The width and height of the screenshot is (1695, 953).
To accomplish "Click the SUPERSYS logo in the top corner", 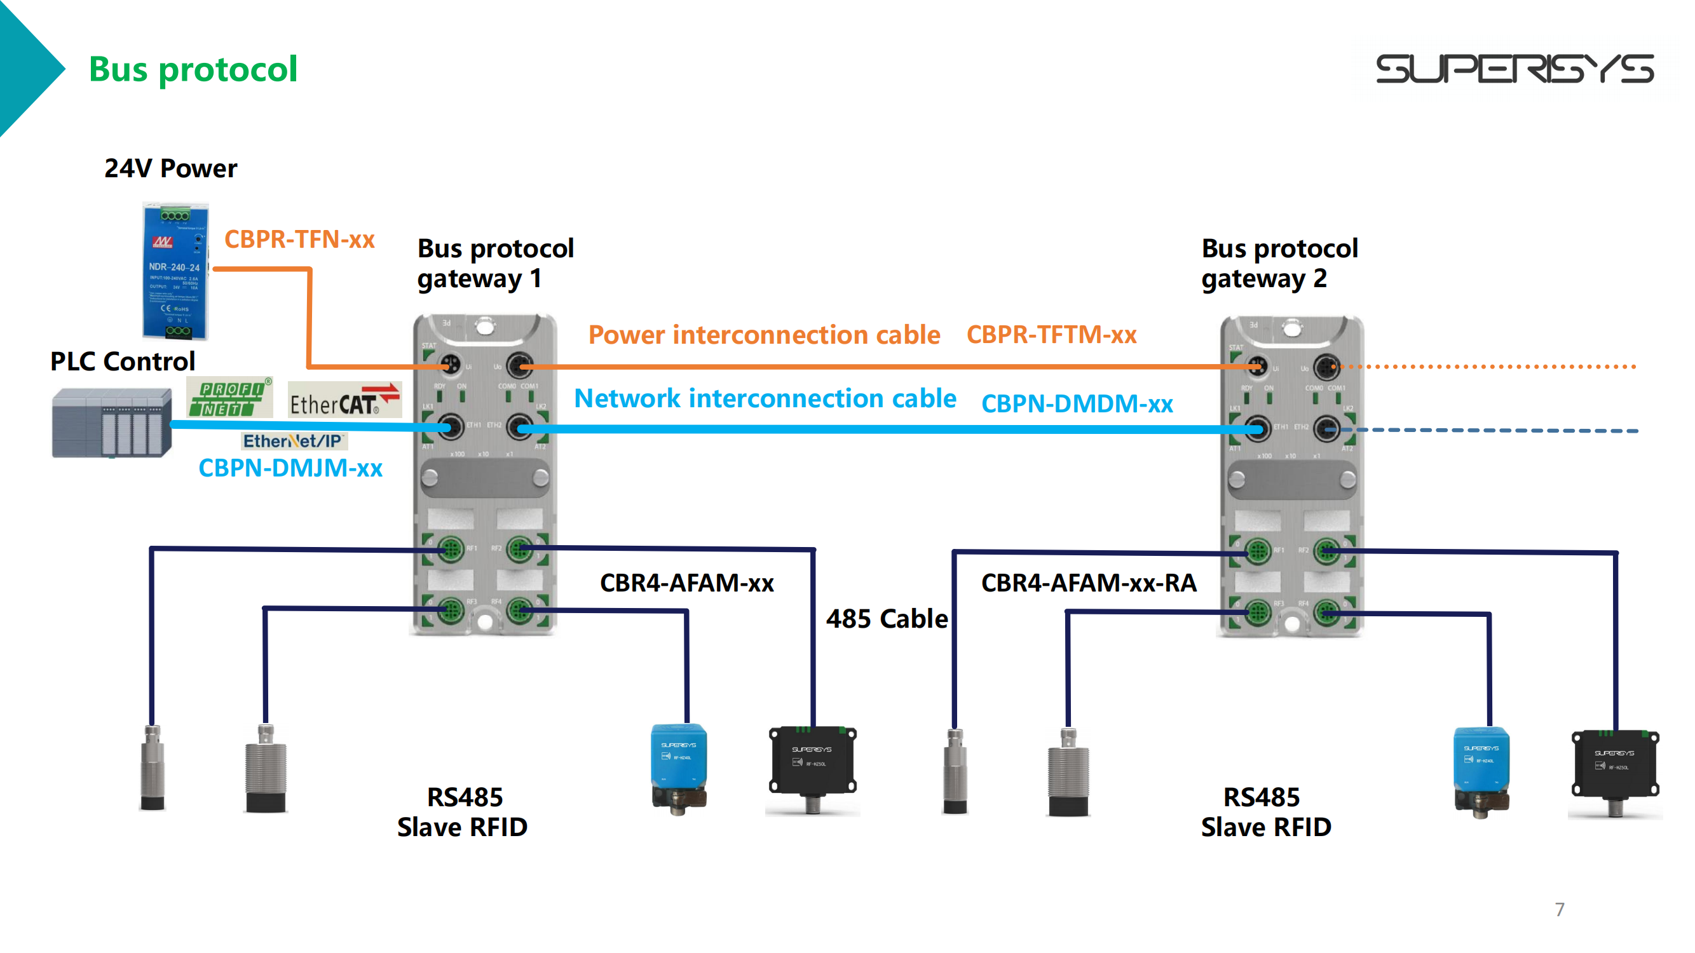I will click(1514, 69).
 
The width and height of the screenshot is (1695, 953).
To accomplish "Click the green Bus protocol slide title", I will click(193, 69).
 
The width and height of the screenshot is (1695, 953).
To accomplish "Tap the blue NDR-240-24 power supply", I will click(175, 271).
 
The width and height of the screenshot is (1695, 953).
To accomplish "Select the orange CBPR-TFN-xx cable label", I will click(299, 240).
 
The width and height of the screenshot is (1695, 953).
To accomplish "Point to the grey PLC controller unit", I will click(112, 422).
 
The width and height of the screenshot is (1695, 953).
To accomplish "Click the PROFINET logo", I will click(229, 398).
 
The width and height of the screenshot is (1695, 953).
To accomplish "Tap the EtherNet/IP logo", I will click(294, 441).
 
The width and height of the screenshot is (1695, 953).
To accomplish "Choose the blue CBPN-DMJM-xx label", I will click(290, 468).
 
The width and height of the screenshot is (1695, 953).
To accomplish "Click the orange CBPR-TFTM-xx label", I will click(1051, 335).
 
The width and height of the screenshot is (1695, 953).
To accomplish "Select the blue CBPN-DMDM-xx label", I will click(1077, 404).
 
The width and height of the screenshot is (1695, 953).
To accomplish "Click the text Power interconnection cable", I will click(764, 335).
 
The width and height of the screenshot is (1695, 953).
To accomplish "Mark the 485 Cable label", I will click(887, 619).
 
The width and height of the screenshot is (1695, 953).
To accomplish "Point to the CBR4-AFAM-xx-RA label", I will click(1088, 583).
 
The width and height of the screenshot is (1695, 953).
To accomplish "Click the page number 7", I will click(1560, 910).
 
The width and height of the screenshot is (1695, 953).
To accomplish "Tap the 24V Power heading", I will click(170, 169).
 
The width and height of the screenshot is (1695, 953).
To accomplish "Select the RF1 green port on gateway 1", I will click(451, 548).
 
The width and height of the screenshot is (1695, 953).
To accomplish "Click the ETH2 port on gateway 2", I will click(1326, 429).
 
